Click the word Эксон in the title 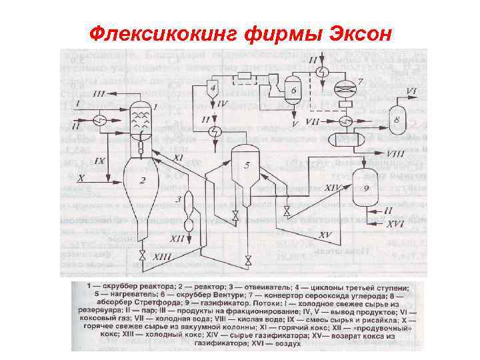(351, 31)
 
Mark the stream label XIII (162, 256)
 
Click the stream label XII (177, 238)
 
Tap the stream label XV (325, 235)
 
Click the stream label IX (100, 161)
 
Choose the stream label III (98, 91)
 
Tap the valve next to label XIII (142, 256)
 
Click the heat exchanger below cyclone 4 (215, 131)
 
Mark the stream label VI (411, 90)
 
